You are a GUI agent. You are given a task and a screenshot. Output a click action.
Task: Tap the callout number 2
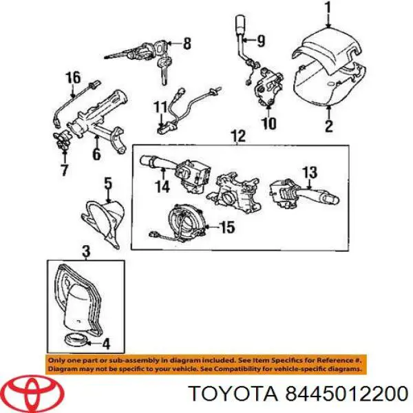click(328, 125)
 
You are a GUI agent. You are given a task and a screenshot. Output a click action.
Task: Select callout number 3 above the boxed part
click(85, 253)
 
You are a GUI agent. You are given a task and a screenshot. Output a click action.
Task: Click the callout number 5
click(107, 183)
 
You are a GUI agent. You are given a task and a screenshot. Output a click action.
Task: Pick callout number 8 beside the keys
click(186, 45)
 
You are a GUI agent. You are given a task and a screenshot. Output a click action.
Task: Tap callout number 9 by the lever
click(260, 39)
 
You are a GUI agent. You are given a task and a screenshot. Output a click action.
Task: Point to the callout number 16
click(73, 77)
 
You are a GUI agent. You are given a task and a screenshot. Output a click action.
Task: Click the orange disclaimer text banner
click(206, 364)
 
